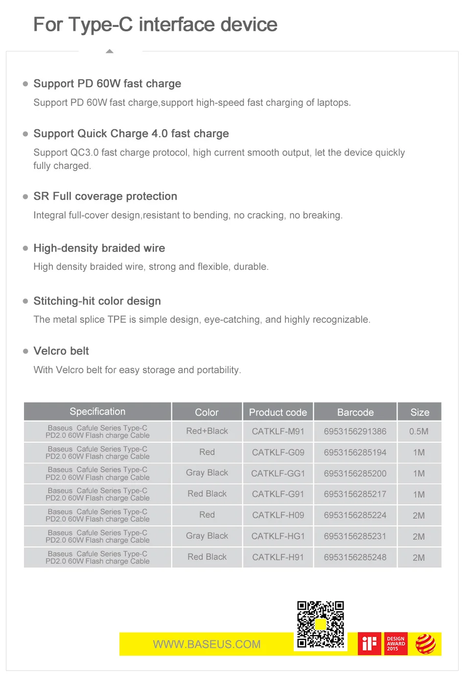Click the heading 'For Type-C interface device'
coord(155,24)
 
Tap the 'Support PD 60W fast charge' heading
coord(107,84)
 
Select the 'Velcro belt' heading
coord(61,351)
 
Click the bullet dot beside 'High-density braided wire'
coord(25,248)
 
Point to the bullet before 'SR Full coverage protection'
coord(25,196)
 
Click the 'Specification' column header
coord(97,412)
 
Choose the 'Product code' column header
coord(278,412)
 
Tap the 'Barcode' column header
coord(355,412)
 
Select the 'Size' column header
coord(419,412)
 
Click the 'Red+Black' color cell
coord(207,431)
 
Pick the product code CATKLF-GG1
coord(278,474)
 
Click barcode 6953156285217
coord(355,495)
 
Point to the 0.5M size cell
coord(419,431)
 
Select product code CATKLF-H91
coord(278,557)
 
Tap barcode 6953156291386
coord(355,431)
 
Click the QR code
coord(321,625)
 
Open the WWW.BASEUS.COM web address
coord(207,644)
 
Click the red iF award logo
coord(370,644)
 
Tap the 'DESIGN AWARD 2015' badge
coord(396,644)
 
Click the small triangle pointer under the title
coord(110,51)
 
